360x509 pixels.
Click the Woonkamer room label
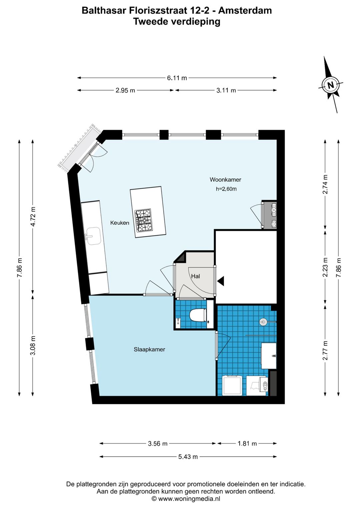225,180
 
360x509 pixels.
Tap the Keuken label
120,223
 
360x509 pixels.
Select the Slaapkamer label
149,350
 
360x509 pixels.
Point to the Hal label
195,276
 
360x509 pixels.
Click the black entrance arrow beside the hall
221,281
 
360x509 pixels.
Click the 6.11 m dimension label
177,78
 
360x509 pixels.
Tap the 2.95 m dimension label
125,90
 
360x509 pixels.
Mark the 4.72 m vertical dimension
33,216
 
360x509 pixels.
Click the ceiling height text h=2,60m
226,189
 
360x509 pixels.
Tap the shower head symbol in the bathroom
263,322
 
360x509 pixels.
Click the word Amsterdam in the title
245,11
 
